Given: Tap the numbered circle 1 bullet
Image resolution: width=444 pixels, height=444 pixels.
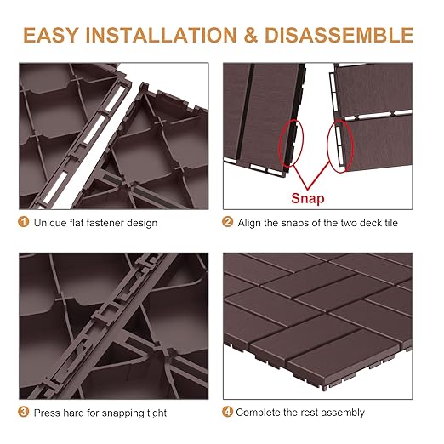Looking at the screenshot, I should point(24,223).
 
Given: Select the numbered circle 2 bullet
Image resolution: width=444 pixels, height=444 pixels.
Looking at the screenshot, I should point(227,223).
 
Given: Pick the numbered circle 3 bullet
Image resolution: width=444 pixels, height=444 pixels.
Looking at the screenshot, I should point(24,413).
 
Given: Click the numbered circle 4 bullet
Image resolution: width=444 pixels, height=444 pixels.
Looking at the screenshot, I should point(227,413).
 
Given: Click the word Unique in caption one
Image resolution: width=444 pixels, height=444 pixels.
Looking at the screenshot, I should point(49,223).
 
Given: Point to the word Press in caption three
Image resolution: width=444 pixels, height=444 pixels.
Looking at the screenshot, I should point(48,413).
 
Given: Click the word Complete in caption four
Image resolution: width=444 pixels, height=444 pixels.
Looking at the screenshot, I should point(259,413).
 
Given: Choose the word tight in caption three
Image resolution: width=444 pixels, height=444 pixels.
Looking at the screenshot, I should point(156,413).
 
